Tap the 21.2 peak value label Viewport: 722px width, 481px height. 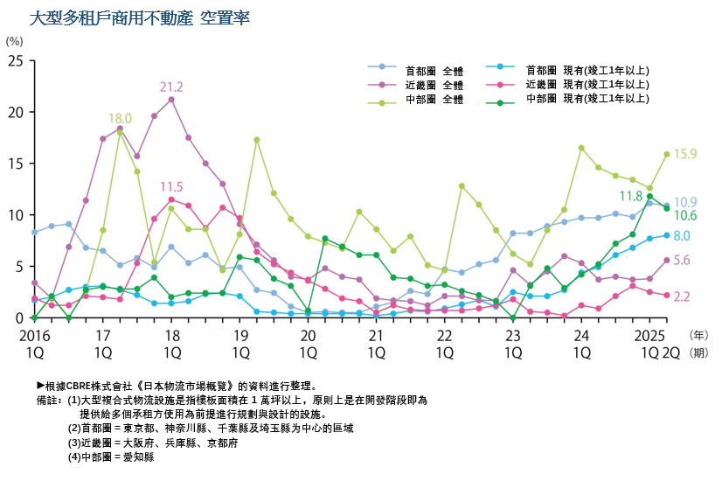coord(171,87)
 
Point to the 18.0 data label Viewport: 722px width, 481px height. coord(120,118)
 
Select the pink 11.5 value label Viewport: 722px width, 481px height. coord(171,186)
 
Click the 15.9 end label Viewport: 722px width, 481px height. coord(684,154)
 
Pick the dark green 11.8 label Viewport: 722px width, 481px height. coord(631,196)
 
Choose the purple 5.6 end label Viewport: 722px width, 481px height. coord(683,260)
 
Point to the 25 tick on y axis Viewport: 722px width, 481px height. coord(16,60)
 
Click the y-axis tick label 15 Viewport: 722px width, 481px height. coord(16,164)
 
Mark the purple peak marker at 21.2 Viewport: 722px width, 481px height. coord(171,100)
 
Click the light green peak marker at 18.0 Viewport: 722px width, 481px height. coord(120,132)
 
